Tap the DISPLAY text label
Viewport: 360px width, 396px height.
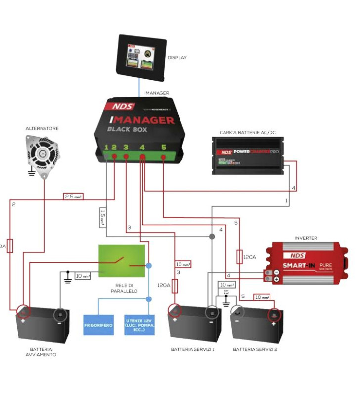click(x=178, y=58)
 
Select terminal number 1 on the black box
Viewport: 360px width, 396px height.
click(x=106, y=147)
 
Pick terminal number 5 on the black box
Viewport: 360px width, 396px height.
click(x=164, y=147)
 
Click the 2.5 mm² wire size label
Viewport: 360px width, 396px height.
click(x=73, y=197)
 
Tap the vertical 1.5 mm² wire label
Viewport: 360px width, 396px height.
click(x=102, y=217)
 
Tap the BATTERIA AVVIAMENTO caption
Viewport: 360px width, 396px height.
click(x=42, y=352)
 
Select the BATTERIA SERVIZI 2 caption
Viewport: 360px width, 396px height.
click(x=255, y=349)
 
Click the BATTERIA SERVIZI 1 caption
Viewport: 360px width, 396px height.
click(x=192, y=349)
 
